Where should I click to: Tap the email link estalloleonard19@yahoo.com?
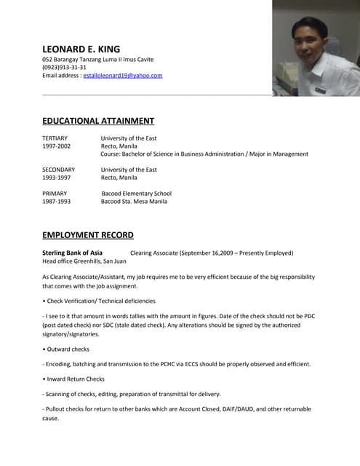point(123,76)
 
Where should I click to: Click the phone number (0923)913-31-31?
point(64,67)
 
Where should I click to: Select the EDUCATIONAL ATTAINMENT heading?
point(98,121)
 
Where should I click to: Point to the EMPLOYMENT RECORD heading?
point(88,234)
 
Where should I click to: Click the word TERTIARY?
point(55,138)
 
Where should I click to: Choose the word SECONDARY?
point(59,170)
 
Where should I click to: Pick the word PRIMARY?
point(55,194)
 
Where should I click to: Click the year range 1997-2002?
point(57,146)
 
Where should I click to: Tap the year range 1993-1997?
point(57,178)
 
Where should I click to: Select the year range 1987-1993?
point(57,202)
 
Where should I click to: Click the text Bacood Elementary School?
point(136,194)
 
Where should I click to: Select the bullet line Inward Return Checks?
point(75,379)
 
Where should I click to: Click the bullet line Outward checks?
point(68,348)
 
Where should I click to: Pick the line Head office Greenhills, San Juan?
point(84,261)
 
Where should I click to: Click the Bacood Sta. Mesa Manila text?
point(134,202)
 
